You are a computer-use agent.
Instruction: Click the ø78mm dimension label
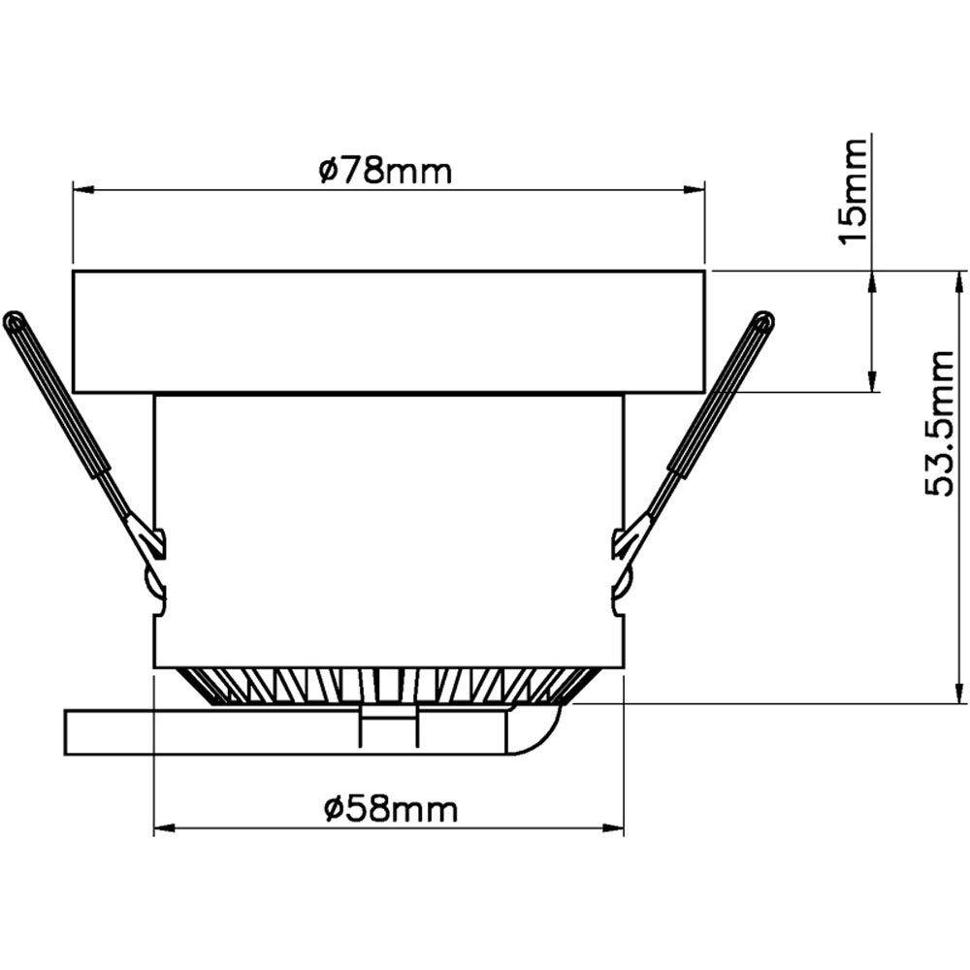click(385, 173)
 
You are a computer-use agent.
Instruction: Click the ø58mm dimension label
click(391, 808)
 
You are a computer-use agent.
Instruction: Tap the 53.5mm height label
click(942, 424)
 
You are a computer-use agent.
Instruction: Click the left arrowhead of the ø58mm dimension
click(163, 829)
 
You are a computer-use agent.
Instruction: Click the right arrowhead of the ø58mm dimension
click(615, 829)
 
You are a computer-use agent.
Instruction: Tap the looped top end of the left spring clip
click(14, 319)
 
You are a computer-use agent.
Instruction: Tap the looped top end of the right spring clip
click(764, 319)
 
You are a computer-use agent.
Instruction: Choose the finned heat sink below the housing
click(388, 685)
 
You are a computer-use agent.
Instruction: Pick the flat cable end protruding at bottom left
click(107, 732)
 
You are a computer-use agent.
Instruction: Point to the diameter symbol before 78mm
click(327, 173)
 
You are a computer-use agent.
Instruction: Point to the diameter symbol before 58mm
click(333, 808)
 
